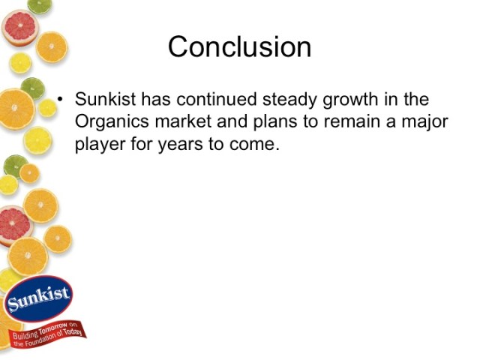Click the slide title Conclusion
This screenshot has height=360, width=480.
point(239,46)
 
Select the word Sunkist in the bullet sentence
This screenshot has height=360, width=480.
point(106,100)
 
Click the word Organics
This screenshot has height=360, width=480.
point(112,122)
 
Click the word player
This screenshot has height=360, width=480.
point(100,145)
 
